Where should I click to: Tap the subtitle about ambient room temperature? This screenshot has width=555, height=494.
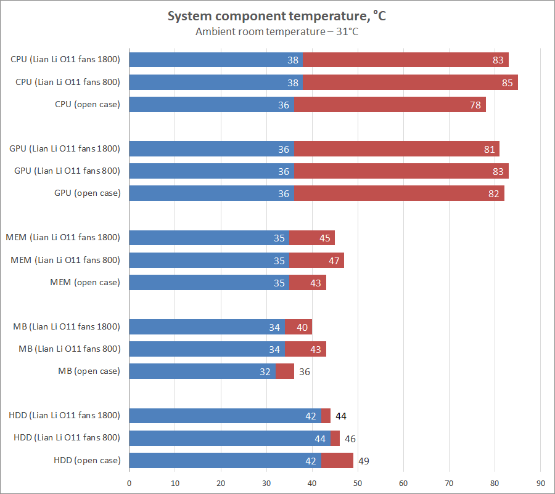[x=277, y=32]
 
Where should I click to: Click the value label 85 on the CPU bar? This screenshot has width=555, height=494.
[x=508, y=83]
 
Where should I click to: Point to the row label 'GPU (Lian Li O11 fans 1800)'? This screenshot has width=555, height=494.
[x=65, y=148]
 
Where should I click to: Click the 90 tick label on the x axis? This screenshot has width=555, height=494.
[x=540, y=484]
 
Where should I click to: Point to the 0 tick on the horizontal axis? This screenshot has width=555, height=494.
[x=129, y=484]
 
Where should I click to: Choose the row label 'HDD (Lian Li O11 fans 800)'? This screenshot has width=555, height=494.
[x=67, y=438]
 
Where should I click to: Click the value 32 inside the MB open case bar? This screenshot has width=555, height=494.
[x=265, y=371]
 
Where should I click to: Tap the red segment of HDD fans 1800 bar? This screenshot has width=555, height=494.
[x=326, y=416]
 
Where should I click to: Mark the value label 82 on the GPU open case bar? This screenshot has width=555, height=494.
[x=493, y=193]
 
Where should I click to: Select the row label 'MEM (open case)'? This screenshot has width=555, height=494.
[x=85, y=283]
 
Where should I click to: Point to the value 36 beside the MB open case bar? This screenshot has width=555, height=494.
[x=305, y=372]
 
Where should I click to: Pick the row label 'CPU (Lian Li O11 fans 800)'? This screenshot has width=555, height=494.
[x=68, y=82]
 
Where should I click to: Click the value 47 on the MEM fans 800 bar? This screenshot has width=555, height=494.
[x=334, y=261]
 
